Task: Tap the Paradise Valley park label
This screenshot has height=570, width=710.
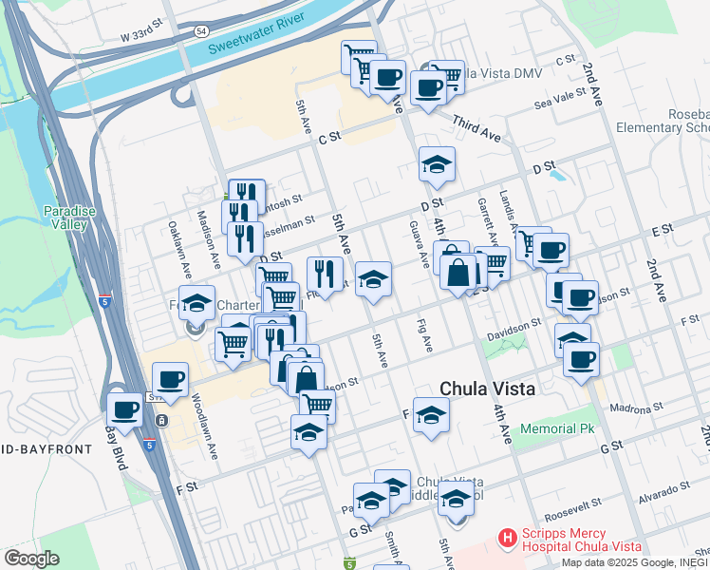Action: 65,218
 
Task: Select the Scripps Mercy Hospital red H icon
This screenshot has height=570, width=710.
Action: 508,539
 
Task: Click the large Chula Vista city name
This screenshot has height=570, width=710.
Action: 488,389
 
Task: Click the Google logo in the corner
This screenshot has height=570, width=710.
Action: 31,559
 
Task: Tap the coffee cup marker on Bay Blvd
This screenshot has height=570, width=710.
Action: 125,409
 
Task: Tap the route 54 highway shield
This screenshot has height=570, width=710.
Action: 200,31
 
